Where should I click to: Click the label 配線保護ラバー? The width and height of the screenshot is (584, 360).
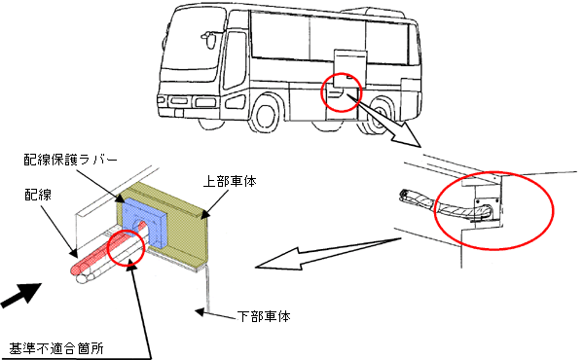71,160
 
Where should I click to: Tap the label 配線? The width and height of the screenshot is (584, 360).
38,195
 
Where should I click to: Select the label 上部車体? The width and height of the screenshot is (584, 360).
230,181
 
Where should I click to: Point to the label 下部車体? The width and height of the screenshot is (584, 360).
264,316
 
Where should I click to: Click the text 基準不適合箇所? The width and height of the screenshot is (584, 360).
56,348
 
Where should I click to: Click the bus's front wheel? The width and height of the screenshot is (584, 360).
267,114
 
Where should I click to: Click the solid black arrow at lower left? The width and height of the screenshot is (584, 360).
21,295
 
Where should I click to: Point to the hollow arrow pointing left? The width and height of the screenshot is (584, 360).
328,252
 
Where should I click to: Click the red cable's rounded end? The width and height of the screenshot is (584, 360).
76,269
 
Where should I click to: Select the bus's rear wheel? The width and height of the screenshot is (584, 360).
380,115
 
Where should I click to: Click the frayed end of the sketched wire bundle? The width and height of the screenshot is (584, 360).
405,197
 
